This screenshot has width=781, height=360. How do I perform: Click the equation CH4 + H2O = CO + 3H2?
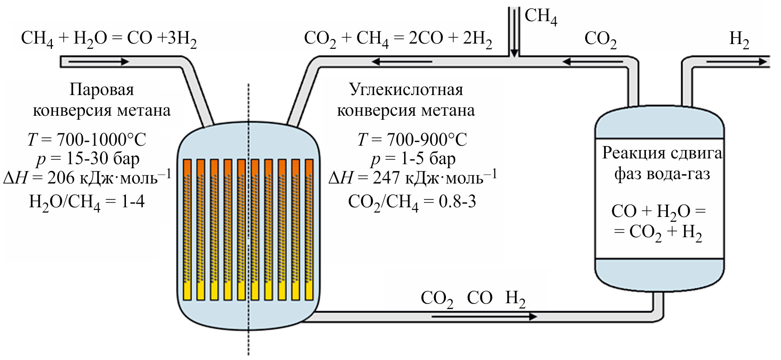pos(109,39)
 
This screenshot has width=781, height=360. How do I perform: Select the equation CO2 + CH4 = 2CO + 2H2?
pos(398,39)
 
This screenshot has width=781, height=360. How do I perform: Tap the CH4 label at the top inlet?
pos(541,17)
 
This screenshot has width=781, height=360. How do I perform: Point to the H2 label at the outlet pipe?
pos(739,39)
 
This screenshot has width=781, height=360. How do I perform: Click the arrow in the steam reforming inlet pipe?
pos(99,62)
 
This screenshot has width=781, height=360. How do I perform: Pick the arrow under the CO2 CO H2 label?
pos(484,316)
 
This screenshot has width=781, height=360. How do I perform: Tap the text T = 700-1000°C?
pos(87,140)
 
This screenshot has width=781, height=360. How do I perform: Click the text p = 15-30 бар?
pos(88,158)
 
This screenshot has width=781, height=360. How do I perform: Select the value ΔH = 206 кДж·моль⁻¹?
pos(87,178)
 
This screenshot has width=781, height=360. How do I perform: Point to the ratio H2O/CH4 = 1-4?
pos(87,202)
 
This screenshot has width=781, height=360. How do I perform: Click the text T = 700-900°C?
pos(412,140)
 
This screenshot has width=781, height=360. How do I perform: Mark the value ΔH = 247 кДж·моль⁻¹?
pos(413,178)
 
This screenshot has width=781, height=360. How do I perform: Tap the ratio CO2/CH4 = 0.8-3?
pos(412,202)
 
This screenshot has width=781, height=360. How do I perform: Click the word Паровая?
pos(101,90)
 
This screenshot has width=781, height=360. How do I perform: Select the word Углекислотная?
pos(406,90)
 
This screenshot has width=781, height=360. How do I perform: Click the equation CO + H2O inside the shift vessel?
pos(658,212)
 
